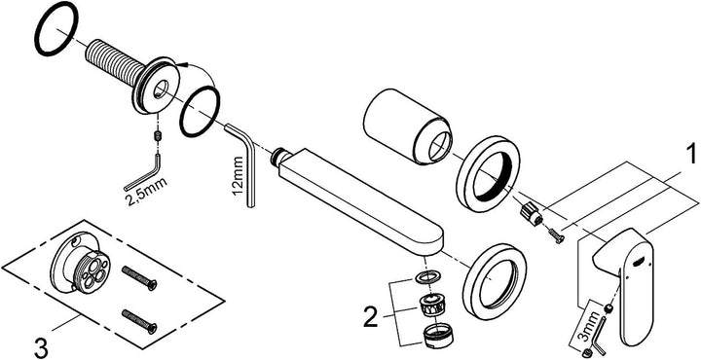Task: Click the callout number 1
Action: click(690, 155)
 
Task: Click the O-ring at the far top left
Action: click(56, 28)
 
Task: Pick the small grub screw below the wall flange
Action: click(158, 135)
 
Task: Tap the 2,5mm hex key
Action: click(143, 175)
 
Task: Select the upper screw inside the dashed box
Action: click(139, 277)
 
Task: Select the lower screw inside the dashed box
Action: click(139, 321)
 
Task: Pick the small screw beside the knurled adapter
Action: click(555, 234)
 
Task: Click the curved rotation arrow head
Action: click(179, 65)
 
